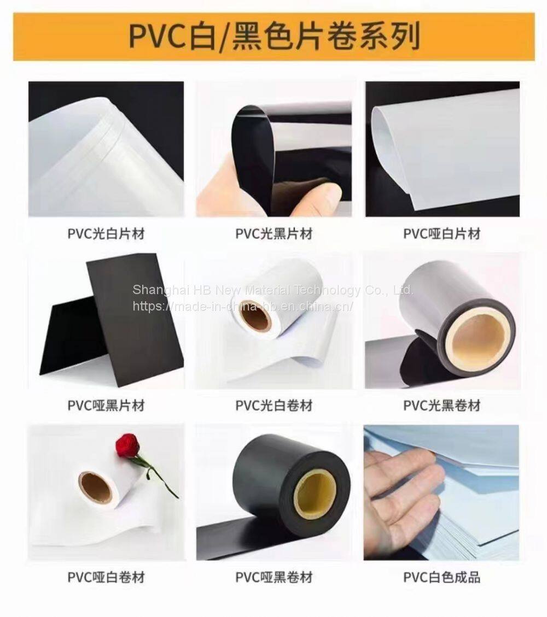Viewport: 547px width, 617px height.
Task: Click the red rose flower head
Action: (128, 445)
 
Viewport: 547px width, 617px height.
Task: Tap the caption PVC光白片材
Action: (106, 234)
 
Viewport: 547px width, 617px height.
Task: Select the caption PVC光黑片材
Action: (274, 234)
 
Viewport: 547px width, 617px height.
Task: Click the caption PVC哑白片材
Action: (442, 234)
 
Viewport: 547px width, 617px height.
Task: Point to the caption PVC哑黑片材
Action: (106, 406)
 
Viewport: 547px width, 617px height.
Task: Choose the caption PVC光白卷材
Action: (274, 406)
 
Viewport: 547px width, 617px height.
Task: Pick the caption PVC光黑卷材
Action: (442, 406)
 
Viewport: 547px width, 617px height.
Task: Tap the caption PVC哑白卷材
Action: (106, 577)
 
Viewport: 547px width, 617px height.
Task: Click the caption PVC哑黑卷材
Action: (274, 577)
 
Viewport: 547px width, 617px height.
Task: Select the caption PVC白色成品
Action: (442, 577)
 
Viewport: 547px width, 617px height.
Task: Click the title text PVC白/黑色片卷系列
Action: (274, 37)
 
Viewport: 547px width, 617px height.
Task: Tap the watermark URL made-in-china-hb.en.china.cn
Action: (242, 305)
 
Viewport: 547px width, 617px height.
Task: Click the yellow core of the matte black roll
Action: (316, 494)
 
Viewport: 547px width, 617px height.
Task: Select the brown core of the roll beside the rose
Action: (95, 488)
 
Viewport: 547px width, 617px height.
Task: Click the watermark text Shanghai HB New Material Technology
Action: (247, 290)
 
